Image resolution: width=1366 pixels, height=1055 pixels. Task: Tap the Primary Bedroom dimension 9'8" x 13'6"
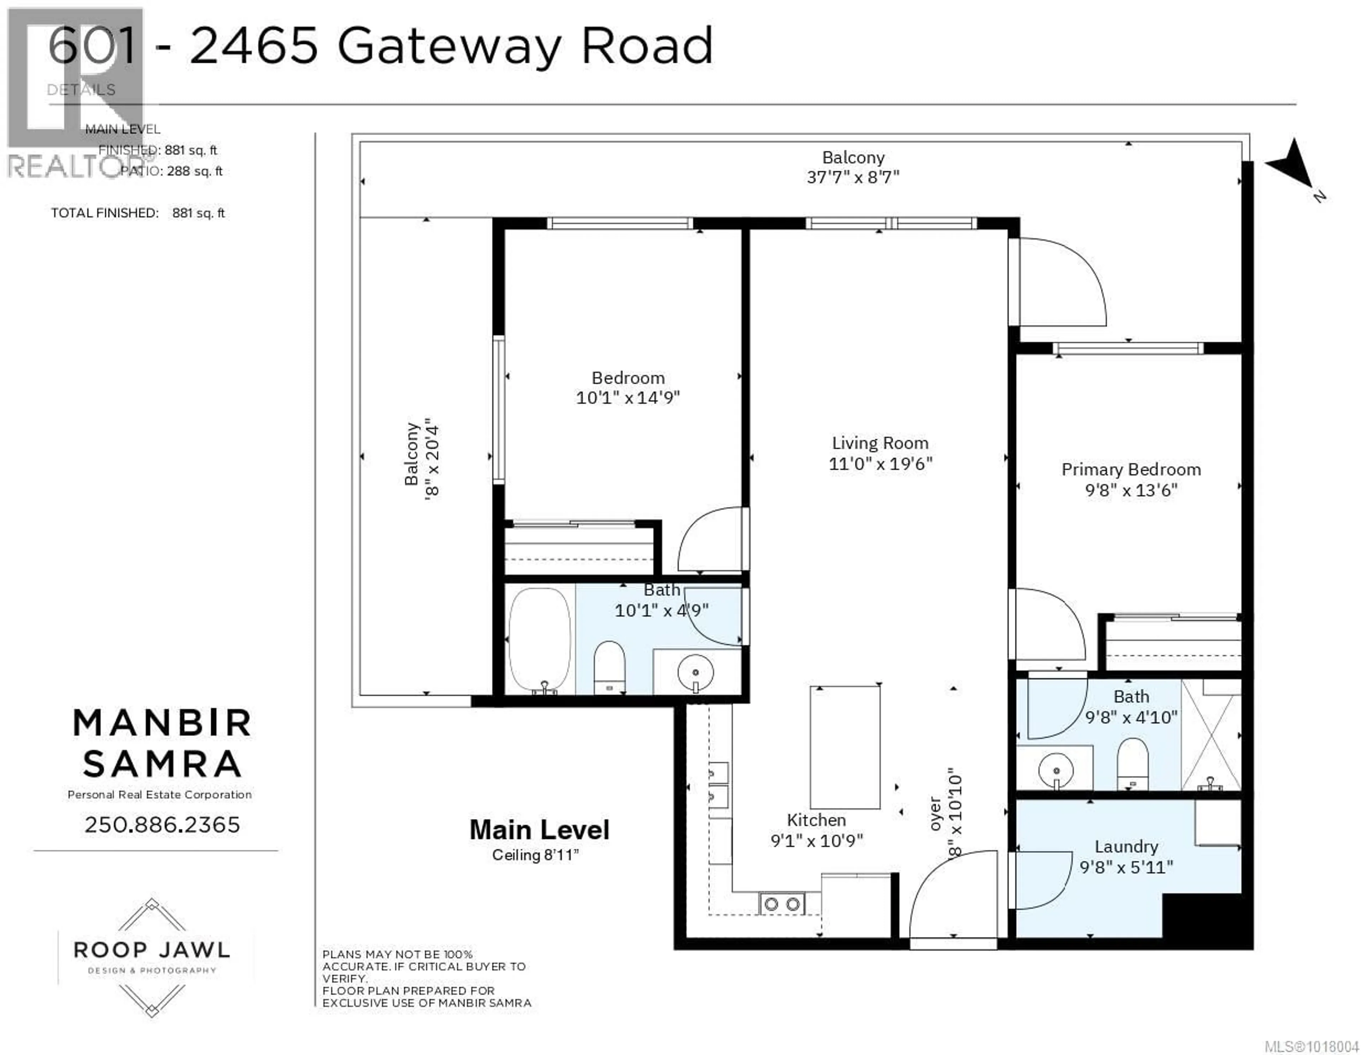pyautogui.click(x=1131, y=490)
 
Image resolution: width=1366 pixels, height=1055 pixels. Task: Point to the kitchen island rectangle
pyautogui.click(x=845, y=747)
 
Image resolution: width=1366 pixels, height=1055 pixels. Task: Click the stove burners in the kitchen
pyautogui.click(x=782, y=904)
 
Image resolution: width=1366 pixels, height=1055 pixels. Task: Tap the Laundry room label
pyautogui.click(x=1126, y=846)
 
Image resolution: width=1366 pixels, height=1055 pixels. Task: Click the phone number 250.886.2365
pyautogui.click(x=162, y=825)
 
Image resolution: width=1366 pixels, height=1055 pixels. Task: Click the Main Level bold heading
pyautogui.click(x=539, y=830)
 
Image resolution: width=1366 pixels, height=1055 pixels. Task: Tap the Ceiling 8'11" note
pyautogui.click(x=535, y=855)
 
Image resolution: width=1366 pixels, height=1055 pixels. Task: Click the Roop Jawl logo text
pyautogui.click(x=152, y=950)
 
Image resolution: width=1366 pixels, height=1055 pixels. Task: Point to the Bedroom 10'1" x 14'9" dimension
pyautogui.click(x=628, y=397)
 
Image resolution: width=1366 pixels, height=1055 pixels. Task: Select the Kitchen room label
pyautogui.click(x=816, y=820)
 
